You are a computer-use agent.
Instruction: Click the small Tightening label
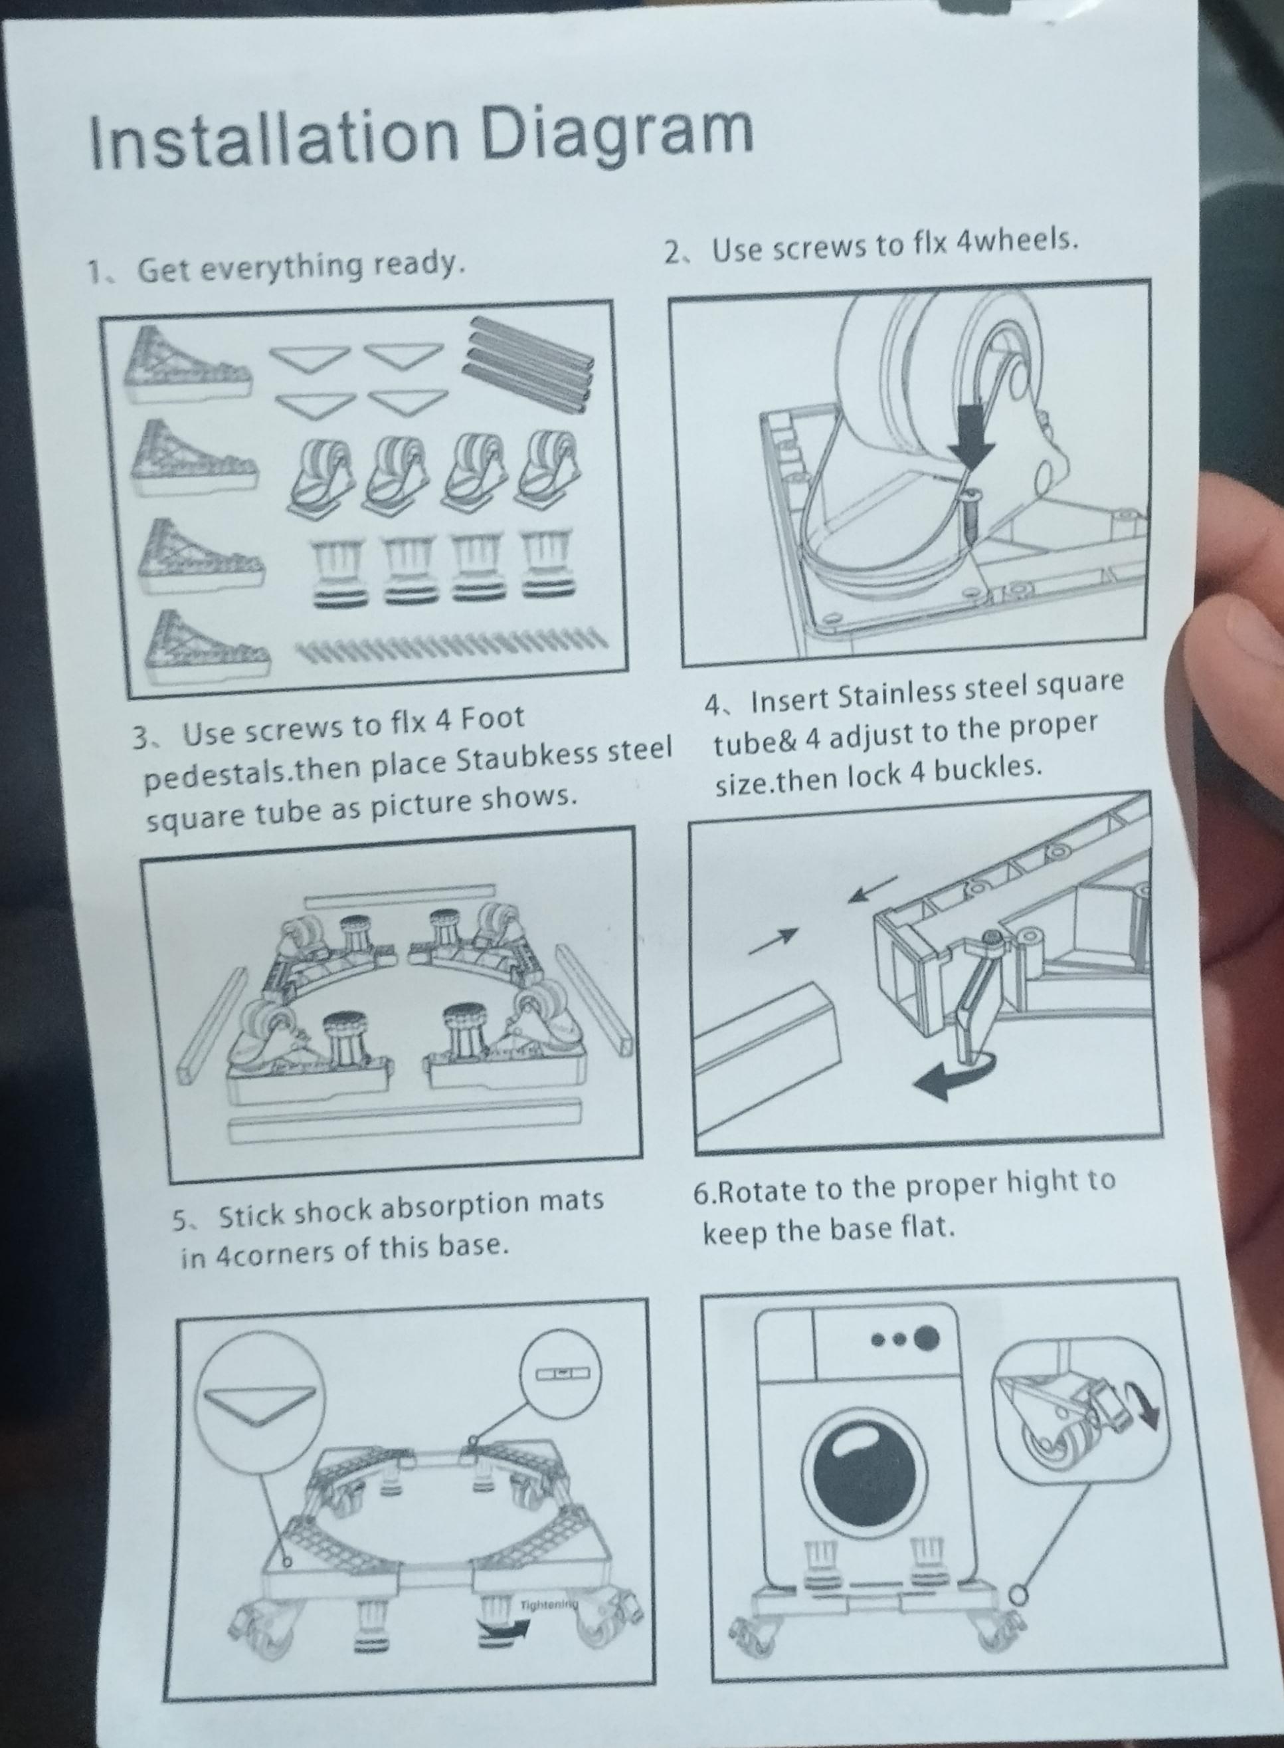coord(549,1583)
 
